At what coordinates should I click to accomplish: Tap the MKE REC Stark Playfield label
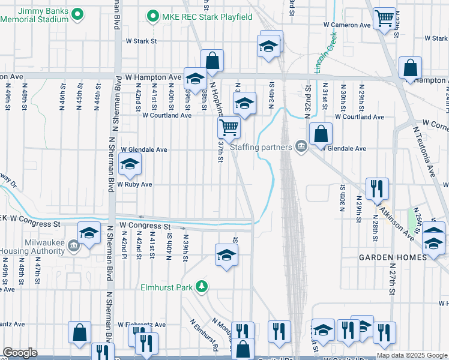pyautogui.click(x=207, y=16)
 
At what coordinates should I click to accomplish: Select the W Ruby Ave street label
pyautogui.click(x=134, y=184)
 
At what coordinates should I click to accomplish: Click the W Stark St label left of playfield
pyautogui.click(x=140, y=41)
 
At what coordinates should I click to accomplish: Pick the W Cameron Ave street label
pyautogui.click(x=347, y=25)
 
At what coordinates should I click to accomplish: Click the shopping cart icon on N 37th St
pyautogui.click(x=229, y=126)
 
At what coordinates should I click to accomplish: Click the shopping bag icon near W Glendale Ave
pyautogui.click(x=321, y=133)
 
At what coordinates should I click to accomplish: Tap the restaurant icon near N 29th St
pyautogui.click(x=377, y=187)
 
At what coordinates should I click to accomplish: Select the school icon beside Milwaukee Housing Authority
pyautogui.click(x=89, y=232)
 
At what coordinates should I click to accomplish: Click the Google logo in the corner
pyautogui.click(x=19, y=353)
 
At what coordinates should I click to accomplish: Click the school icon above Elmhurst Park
pyautogui.click(x=226, y=254)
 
